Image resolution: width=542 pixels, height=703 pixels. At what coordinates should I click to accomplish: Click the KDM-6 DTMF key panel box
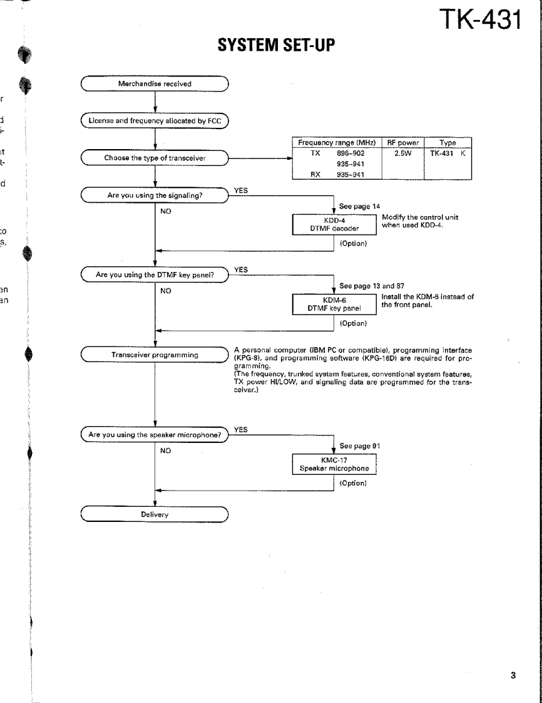click(x=335, y=305)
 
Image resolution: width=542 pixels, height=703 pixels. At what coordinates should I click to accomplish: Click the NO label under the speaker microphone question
click(x=166, y=450)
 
